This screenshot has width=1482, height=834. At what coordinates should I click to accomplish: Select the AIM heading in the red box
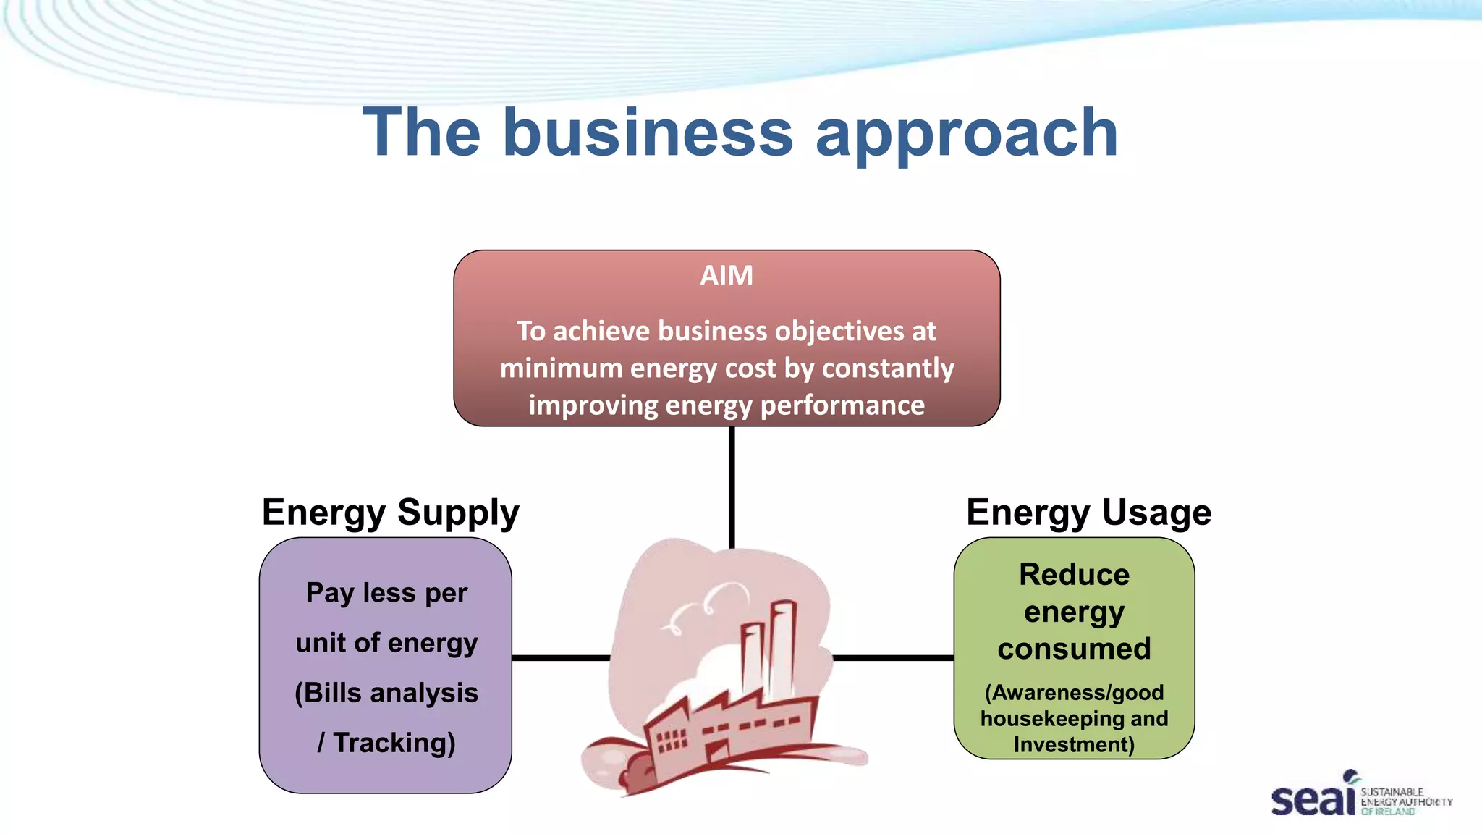click(x=727, y=276)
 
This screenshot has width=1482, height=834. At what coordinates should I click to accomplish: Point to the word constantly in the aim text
click(x=888, y=368)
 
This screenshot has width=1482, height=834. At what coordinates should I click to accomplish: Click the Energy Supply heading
click(x=390, y=513)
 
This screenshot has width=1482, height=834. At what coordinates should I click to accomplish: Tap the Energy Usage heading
click(x=1088, y=513)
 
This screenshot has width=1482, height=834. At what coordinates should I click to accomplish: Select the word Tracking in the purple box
click(x=394, y=743)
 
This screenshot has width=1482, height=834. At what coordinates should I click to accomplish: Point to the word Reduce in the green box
click(x=1074, y=575)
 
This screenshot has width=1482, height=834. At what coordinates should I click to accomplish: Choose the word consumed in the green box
click(x=1074, y=649)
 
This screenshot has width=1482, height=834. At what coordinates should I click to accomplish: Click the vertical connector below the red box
click(x=732, y=485)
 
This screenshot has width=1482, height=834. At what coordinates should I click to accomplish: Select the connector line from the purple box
click(x=561, y=657)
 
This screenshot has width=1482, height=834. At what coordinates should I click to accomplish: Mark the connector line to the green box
click(x=893, y=657)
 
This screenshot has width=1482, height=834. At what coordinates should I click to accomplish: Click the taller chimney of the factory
click(x=782, y=644)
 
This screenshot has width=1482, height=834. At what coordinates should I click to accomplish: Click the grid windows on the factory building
click(x=670, y=739)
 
